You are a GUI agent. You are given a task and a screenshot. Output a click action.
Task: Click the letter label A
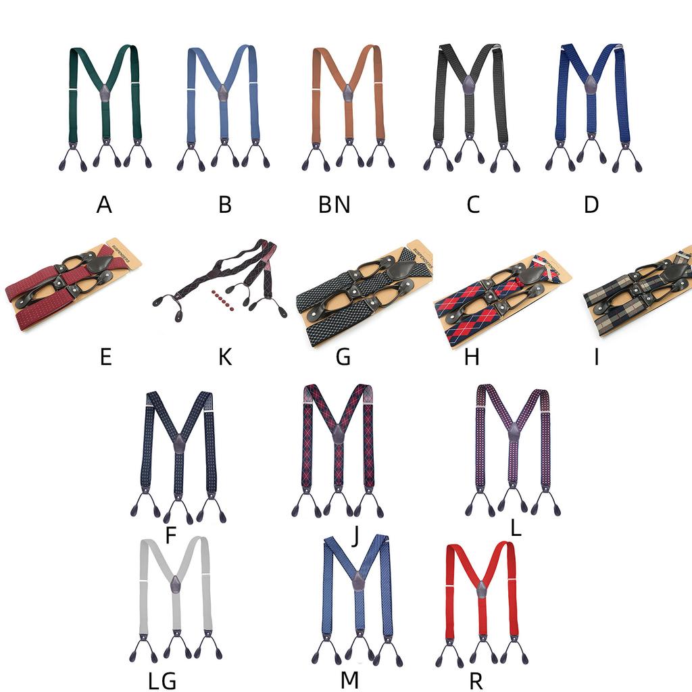click(x=104, y=204)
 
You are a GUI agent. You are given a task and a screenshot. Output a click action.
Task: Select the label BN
click(x=335, y=204)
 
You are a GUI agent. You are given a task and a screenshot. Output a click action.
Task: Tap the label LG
click(x=162, y=681)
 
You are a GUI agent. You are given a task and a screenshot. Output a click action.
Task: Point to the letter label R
click(x=476, y=681)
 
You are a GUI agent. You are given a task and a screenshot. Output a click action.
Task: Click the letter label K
click(x=225, y=357)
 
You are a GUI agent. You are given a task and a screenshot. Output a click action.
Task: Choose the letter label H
click(x=472, y=357)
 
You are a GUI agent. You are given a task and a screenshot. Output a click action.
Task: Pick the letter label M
click(x=349, y=681)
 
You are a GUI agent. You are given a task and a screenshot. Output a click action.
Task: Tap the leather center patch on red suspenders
click(x=482, y=590)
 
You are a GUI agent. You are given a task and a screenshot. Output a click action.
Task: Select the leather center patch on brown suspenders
click(x=347, y=93)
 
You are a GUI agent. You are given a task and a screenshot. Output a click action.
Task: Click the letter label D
click(x=591, y=204)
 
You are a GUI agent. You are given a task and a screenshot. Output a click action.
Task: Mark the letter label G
click(x=343, y=357)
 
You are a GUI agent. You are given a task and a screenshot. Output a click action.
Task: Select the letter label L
click(x=516, y=528)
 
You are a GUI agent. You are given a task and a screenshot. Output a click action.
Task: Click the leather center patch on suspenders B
click(x=224, y=93)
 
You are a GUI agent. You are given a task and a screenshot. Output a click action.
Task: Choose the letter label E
click(x=105, y=357)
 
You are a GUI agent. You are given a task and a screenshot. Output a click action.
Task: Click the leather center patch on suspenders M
click(x=357, y=581)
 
